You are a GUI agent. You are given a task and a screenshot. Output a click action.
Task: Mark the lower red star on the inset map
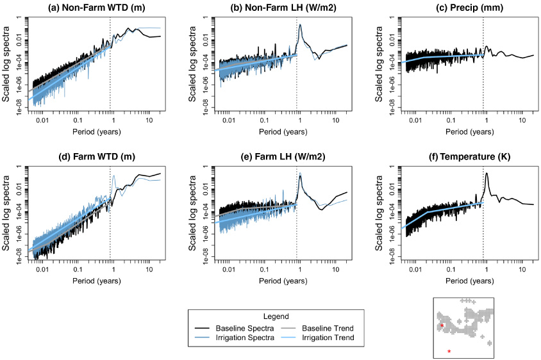449,351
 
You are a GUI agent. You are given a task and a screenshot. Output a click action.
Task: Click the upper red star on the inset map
442,326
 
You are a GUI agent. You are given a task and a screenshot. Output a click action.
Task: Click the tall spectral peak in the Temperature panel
487,174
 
